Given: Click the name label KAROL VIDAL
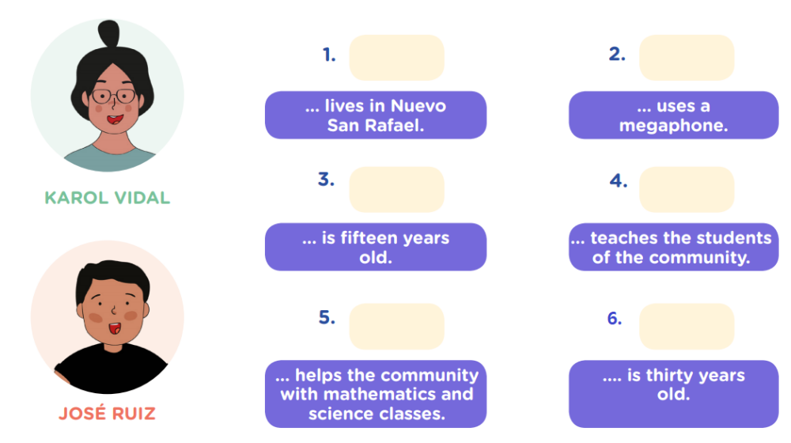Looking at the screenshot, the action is click(107, 197).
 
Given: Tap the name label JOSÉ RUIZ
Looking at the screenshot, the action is click(107, 413).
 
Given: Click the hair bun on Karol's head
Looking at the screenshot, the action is click(109, 33).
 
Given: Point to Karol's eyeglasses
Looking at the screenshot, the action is click(114, 96).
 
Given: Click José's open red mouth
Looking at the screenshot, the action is click(115, 328).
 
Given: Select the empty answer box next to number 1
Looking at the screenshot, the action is click(396, 58).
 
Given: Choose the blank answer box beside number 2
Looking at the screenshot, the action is click(687, 58).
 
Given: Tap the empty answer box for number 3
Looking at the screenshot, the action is click(396, 189).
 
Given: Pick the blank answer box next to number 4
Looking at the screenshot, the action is click(687, 189).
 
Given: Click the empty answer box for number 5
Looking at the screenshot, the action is click(396, 327).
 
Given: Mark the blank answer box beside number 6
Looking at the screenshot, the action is click(687, 327).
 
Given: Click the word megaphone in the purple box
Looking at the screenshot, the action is click(673, 126).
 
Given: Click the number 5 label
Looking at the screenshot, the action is click(327, 317).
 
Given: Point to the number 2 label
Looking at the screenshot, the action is click(617, 54).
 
